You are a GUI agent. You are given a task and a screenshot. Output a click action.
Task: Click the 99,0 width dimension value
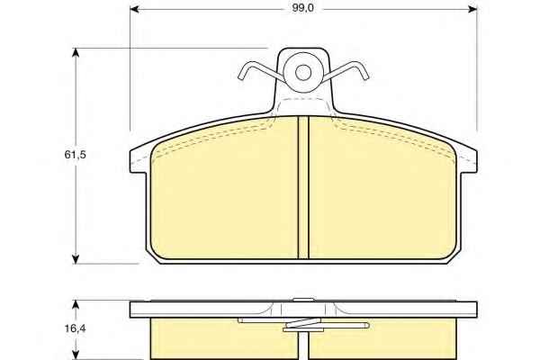point(302,8)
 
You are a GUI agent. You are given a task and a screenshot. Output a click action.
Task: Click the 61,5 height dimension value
point(75,155)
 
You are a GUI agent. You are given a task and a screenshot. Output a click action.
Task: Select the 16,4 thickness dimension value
point(75,328)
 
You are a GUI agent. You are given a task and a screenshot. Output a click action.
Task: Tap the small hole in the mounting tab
point(303,72)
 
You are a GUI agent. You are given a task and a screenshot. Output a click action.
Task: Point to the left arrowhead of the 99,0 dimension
point(134,9)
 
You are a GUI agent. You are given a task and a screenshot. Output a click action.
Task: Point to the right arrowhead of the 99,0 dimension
point(472,9)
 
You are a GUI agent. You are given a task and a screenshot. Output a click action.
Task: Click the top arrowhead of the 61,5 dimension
point(76,53)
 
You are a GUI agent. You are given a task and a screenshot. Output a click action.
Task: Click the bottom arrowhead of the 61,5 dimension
point(76,260)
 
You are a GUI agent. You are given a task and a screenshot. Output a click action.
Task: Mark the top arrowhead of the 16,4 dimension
point(76,304)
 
